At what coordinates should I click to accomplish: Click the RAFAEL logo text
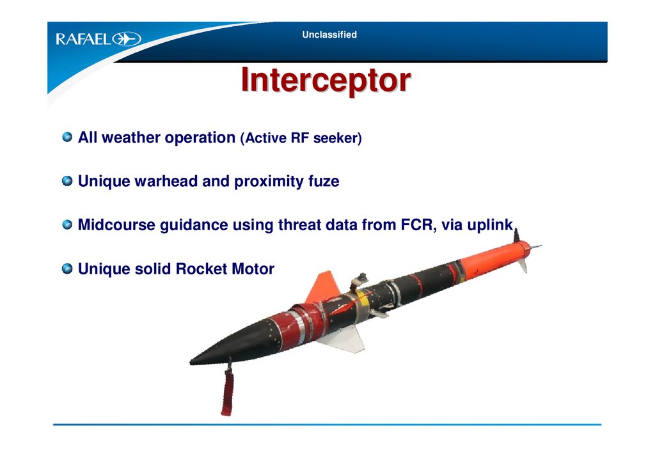click(84, 39)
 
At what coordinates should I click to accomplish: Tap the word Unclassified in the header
click(329, 35)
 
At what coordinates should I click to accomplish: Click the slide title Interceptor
click(326, 80)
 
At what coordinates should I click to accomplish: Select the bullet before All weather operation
click(67, 137)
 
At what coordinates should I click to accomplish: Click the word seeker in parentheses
click(335, 138)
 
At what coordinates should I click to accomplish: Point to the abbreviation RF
click(299, 138)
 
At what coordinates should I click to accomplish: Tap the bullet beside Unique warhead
click(67, 181)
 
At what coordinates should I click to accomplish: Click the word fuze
click(324, 181)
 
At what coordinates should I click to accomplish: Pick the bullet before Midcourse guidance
click(67, 224)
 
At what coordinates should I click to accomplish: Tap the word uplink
click(490, 226)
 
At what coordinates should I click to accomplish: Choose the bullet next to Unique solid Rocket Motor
click(67, 269)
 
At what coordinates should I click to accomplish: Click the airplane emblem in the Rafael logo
click(127, 39)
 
